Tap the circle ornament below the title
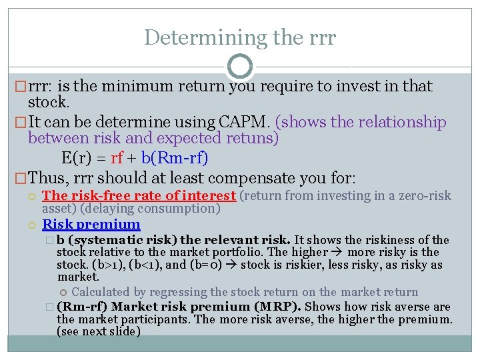pos(240,67)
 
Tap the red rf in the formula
pos(117,159)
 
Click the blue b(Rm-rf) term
pos(175,159)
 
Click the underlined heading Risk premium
pos(91,225)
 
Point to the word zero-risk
pos(423,196)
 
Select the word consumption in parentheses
pos(185,209)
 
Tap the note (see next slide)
pos(99,331)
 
